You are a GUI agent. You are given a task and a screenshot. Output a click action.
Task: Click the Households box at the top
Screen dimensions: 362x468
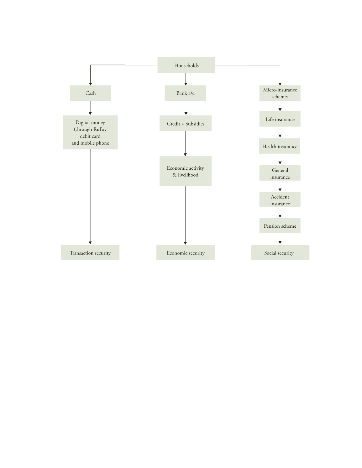[x=186, y=65]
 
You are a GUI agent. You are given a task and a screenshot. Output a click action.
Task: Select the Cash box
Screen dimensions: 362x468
[x=90, y=93]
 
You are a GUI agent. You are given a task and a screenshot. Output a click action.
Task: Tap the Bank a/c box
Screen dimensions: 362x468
[x=185, y=93]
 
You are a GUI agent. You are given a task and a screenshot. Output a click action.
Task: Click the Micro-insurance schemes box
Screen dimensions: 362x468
[x=280, y=93]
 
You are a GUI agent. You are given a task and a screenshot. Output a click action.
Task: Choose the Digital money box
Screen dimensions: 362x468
[x=90, y=132]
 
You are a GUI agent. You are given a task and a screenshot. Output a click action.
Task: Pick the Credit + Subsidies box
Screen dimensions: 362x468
[x=185, y=123]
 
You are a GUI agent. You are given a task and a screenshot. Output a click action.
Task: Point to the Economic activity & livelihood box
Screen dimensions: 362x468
[x=185, y=171]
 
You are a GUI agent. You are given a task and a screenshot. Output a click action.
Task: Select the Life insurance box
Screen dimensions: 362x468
[x=280, y=119]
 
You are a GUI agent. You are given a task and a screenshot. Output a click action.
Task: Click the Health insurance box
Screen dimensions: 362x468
[x=280, y=146]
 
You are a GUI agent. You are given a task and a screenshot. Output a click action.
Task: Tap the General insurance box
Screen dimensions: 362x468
[x=280, y=173]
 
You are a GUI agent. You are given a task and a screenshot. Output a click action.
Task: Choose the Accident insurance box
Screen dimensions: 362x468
[x=280, y=199]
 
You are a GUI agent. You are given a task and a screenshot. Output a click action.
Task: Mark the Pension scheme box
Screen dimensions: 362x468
[x=280, y=226]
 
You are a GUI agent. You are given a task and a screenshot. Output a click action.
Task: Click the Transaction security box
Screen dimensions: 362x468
[x=90, y=252]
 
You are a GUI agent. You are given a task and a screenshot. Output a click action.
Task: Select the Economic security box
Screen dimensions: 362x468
[x=185, y=252]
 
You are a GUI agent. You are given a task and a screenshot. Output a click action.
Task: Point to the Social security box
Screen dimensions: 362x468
[x=280, y=252]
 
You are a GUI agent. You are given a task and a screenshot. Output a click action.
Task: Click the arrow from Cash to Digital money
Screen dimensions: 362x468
[x=90, y=108]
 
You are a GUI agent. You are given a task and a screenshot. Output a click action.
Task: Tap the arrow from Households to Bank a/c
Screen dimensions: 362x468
[x=186, y=80]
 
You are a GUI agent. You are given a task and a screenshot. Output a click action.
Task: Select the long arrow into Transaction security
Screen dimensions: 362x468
[x=90, y=197]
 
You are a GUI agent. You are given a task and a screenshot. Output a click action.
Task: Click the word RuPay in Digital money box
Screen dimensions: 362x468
[x=100, y=129]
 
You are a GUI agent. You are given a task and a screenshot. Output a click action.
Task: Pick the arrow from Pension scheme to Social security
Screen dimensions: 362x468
[x=280, y=239]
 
